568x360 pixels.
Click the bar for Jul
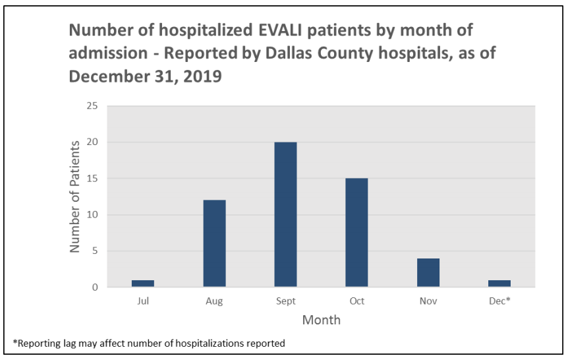click(143, 284)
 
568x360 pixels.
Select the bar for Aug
click(215, 244)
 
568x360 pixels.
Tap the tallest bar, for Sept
click(286, 215)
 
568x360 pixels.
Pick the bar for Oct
click(357, 233)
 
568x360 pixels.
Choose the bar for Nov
click(428, 273)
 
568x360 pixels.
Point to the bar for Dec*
click(499, 284)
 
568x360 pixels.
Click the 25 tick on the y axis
click(92, 106)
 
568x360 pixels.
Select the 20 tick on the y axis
click(92, 142)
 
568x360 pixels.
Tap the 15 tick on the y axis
click(92, 179)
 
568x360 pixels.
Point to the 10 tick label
click(92, 215)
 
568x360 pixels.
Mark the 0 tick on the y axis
click(94, 287)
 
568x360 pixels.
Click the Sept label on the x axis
click(286, 301)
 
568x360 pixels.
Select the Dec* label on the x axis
click(499, 301)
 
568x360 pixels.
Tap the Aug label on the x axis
click(215, 301)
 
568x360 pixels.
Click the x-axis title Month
click(322, 320)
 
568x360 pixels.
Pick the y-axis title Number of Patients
click(75, 196)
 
